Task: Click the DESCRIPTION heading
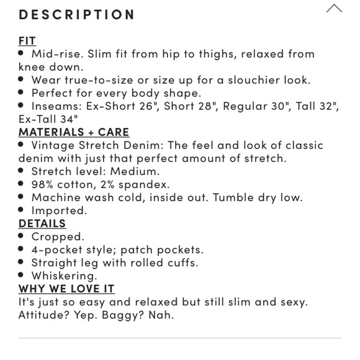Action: [x=77, y=14]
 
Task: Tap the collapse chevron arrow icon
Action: [x=334, y=9]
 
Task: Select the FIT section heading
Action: [x=27, y=41]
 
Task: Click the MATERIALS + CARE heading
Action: [x=74, y=132]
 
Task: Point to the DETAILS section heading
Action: [x=42, y=223]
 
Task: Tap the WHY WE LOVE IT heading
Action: [x=66, y=289]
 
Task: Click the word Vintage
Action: [x=55, y=145]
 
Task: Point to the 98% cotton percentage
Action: [x=43, y=184]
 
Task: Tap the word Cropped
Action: [x=58, y=236]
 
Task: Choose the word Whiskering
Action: [x=64, y=276]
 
